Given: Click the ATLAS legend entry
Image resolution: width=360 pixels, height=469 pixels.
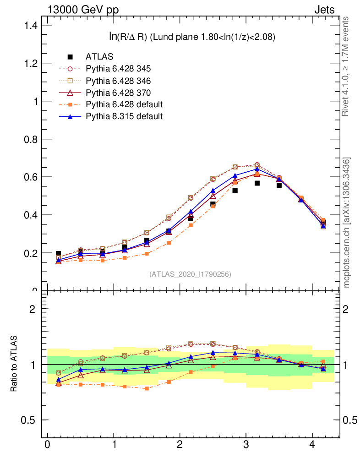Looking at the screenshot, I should pos(99,57).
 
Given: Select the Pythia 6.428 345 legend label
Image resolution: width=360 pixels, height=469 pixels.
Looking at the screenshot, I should pos(118,69).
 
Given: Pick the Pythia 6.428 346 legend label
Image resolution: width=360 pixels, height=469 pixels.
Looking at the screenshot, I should pos(118,81).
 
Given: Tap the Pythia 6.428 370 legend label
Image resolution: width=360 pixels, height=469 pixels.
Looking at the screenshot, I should pos(118,93).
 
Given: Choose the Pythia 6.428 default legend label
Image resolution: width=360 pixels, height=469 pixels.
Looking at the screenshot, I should pos(124,104).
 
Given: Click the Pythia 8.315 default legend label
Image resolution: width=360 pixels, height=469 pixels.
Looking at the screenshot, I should pos(124,116).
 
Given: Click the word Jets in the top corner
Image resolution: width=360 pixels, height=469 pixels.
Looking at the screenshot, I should pos(324,9).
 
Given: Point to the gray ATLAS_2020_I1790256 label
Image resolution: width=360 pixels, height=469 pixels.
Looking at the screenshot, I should pos(190,274).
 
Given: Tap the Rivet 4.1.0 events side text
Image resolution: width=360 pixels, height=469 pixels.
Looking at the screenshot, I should pos(346,66).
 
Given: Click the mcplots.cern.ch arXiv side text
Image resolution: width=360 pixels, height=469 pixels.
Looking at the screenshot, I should pos(347,223).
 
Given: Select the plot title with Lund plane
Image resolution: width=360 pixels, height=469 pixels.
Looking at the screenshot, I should pos(191,38).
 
